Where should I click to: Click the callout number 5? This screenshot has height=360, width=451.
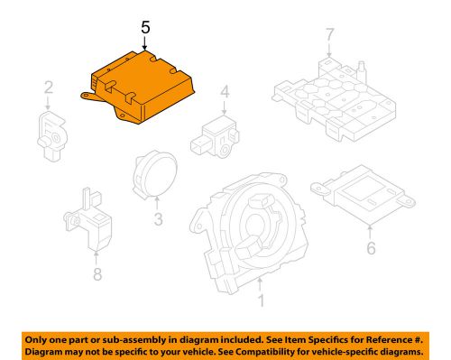146,29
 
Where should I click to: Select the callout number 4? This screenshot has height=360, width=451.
225,91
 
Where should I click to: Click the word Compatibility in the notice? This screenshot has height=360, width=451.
272,349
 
